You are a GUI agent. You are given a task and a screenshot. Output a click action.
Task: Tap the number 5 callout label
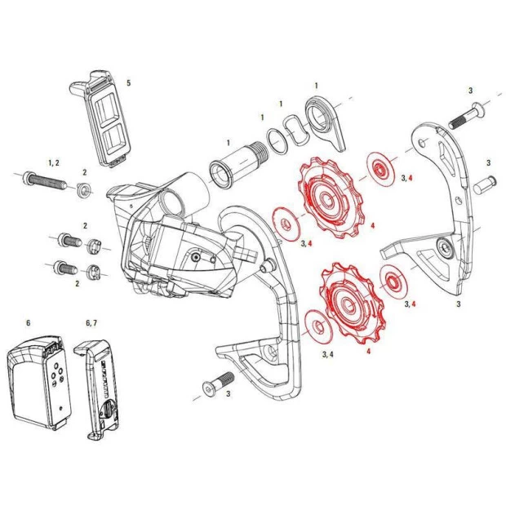coord(127,83)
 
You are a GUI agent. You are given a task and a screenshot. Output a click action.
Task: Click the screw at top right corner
coord(468,113)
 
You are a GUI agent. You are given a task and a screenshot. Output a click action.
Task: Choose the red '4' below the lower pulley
coord(368,351)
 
